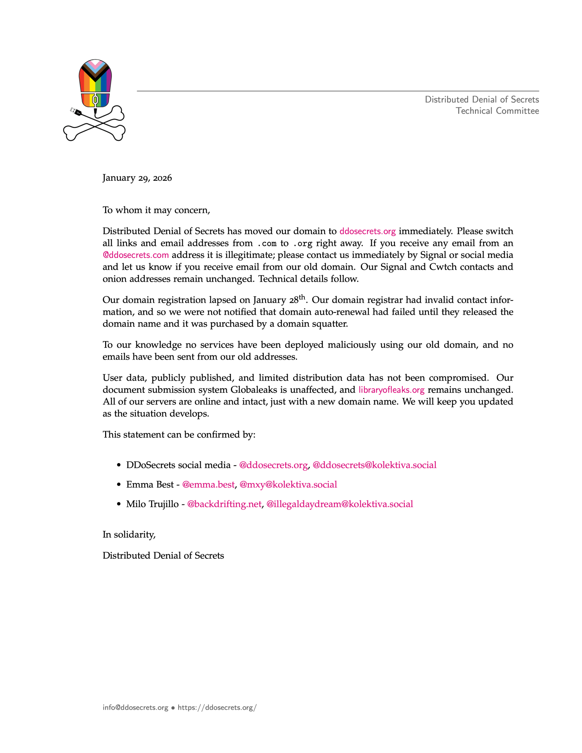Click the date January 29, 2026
click(137, 178)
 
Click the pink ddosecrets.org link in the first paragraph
click(367, 231)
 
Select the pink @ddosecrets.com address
click(136, 255)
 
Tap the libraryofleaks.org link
click(391, 390)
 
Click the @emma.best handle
click(208, 485)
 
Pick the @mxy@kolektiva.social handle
click(288, 485)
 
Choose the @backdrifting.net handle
click(224, 504)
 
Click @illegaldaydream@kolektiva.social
click(339, 504)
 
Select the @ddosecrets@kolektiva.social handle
click(374, 465)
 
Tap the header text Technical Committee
click(497, 111)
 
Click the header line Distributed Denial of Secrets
click(482, 99)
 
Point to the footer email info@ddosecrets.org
click(135, 707)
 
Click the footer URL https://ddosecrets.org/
click(217, 707)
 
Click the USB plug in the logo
click(76, 111)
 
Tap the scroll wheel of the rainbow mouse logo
click(95, 100)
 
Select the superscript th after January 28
click(302, 297)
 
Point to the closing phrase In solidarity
click(129, 534)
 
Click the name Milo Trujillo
click(152, 504)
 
